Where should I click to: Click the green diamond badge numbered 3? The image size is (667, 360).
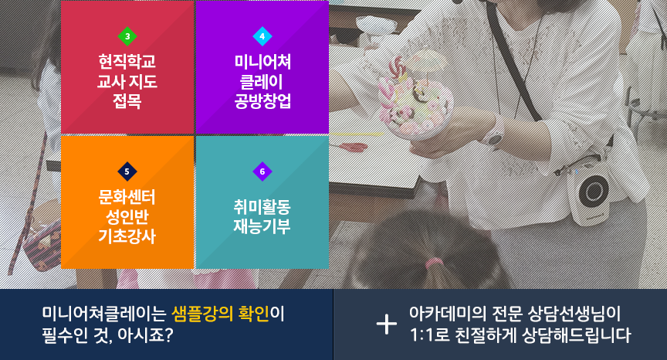(127, 36)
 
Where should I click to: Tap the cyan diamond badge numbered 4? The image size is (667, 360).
(262, 36)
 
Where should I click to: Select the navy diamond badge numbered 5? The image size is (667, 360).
(127, 172)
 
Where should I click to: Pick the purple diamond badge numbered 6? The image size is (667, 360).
(262, 172)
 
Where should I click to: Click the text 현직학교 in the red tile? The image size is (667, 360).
(127, 61)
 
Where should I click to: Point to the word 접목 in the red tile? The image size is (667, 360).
(127, 101)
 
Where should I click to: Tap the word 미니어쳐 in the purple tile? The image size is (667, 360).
(262, 62)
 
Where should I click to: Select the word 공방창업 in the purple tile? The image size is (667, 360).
(262, 101)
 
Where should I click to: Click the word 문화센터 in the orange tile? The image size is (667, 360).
(127, 197)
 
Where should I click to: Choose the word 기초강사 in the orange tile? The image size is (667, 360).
(127, 236)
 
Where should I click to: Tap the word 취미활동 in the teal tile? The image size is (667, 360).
(262, 207)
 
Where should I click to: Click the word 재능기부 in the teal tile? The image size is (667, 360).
(262, 226)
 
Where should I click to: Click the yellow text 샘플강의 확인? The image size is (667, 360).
(220, 314)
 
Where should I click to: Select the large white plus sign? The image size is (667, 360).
(387, 324)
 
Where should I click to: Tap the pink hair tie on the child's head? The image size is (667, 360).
(433, 263)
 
